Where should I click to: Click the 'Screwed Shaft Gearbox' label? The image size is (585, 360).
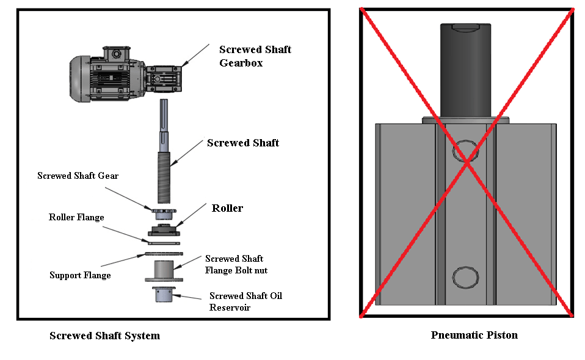pyautogui.click(x=255, y=56)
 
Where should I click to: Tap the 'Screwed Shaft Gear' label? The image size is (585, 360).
pyautogui.click(x=78, y=176)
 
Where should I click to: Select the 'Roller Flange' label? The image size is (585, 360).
pyautogui.click(x=76, y=217)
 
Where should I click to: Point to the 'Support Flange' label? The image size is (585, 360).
pyautogui.click(x=80, y=275)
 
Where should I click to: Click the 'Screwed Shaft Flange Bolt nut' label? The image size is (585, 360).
pyautogui.click(x=236, y=264)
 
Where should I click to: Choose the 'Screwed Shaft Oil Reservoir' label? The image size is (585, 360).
pyautogui.click(x=245, y=301)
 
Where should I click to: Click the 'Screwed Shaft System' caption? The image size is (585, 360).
pyautogui.click(x=104, y=336)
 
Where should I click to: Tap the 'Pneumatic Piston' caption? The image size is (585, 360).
pyautogui.click(x=474, y=335)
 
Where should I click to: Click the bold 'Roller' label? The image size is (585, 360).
pyautogui.click(x=227, y=208)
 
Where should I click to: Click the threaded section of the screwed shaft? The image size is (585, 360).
pyautogui.click(x=165, y=178)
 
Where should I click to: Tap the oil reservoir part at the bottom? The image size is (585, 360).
pyautogui.click(x=163, y=295)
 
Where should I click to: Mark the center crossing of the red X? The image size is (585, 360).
pyautogui.click(x=467, y=162)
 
